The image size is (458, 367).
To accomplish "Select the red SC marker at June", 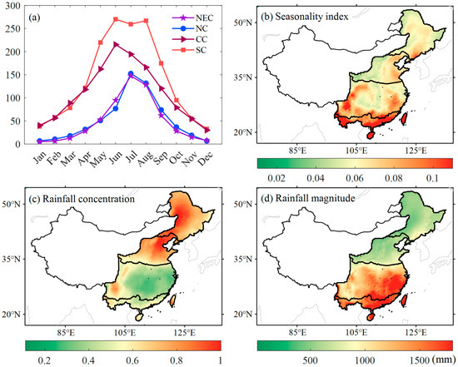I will pyautogui.click(x=116, y=19).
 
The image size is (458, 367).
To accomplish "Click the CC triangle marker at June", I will pyautogui.click(x=116, y=44).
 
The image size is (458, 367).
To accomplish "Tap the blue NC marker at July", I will pyautogui.click(x=131, y=73).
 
